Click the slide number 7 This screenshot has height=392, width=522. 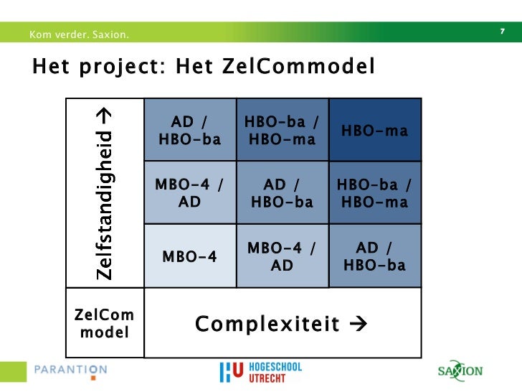click(502, 31)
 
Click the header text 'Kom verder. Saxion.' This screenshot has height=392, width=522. click(80, 34)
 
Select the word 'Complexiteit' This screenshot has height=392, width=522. click(267, 325)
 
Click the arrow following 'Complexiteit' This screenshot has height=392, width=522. click(357, 325)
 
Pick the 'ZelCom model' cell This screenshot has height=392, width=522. click(105, 324)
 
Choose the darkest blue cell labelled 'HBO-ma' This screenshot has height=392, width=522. click(375, 130)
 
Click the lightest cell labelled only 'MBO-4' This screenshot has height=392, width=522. click(190, 256)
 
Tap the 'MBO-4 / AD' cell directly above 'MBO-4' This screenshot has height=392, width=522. click(190, 193)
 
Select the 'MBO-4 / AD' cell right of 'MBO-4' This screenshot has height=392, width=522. click(282, 256)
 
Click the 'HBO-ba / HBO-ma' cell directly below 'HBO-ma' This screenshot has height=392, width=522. click(375, 193)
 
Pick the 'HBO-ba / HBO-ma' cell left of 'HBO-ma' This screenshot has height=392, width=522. click(282, 130)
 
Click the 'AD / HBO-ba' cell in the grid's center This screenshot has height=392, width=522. click(282, 193)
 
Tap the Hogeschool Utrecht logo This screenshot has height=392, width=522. click(260, 372)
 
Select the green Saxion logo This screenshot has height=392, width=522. click(460, 371)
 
